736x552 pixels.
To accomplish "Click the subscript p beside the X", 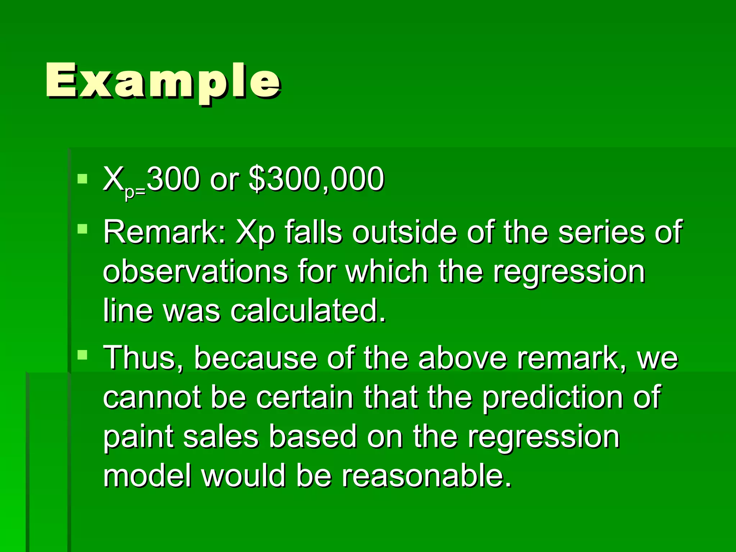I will click(129, 193).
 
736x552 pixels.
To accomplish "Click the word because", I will click(256, 358).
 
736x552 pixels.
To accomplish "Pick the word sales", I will click(221, 436).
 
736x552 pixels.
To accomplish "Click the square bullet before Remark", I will click(82, 229).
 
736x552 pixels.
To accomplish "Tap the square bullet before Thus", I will click(82, 355).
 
